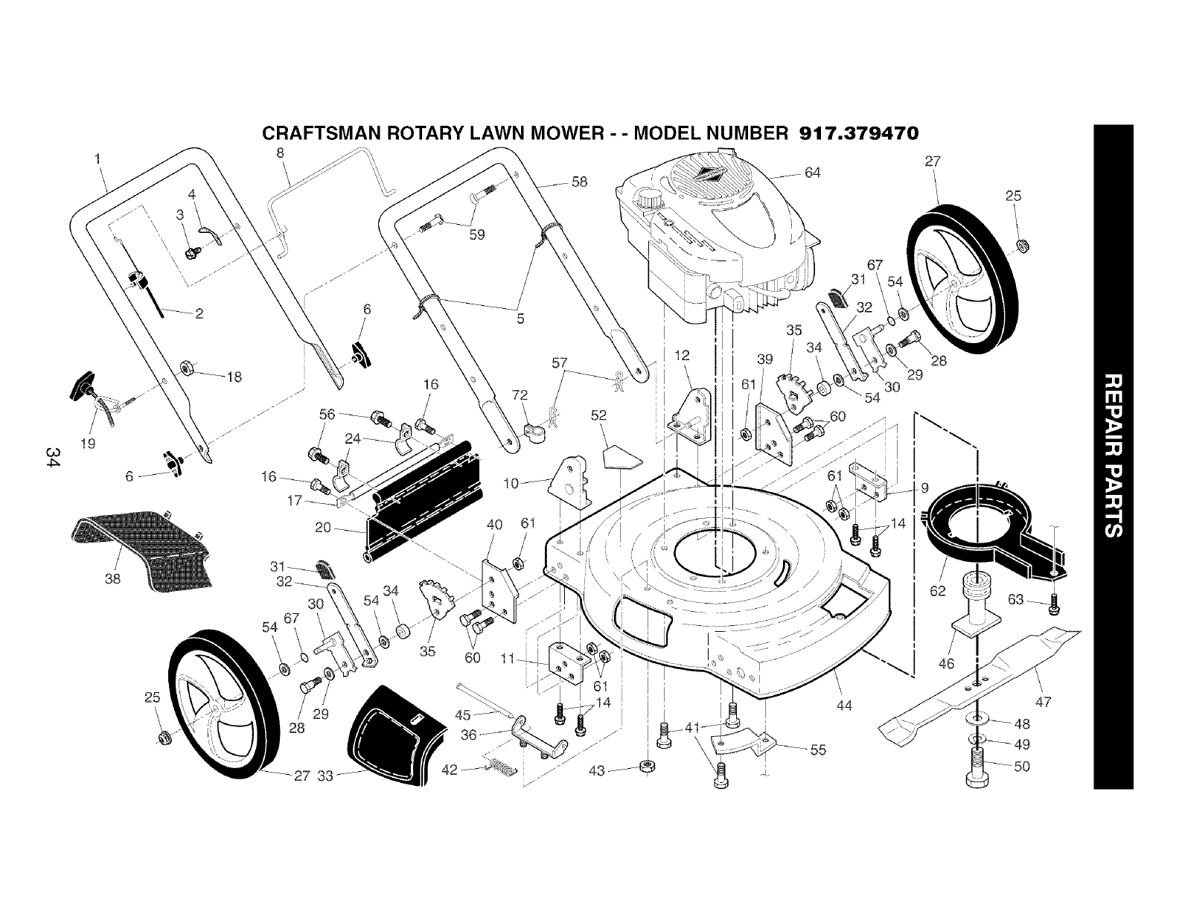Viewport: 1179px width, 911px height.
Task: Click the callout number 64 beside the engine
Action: coord(812,173)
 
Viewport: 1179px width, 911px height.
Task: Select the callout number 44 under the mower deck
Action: coord(844,706)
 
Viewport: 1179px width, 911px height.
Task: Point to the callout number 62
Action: coord(937,591)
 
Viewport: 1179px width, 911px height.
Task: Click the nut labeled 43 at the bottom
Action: coord(647,767)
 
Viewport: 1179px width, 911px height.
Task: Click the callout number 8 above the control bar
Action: coord(280,153)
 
